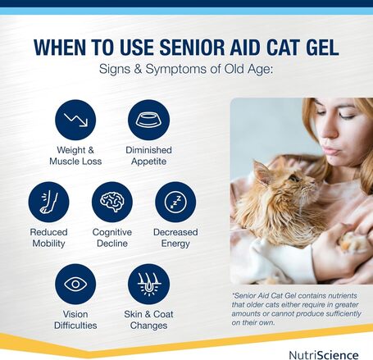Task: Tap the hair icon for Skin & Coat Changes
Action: click(148, 284)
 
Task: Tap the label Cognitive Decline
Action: click(112, 238)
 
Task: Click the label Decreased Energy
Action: click(175, 238)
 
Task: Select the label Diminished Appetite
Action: click(148, 156)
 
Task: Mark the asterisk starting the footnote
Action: click(234, 294)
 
